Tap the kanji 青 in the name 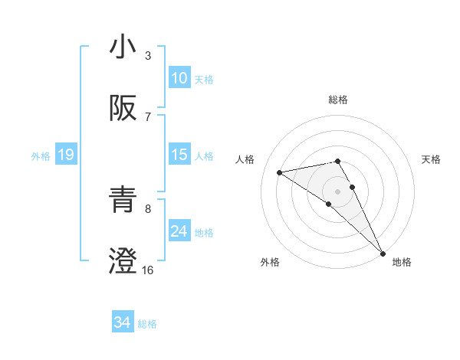point(123,199)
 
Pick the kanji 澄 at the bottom point(123,260)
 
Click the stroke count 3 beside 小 point(148,55)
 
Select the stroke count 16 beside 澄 point(148,270)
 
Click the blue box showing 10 point(179,78)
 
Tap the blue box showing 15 point(179,155)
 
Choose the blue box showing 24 point(179,231)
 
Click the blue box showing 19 point(65,155)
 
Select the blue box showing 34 point(123,322)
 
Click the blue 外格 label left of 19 point(41,156)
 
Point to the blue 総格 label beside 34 point(147,324)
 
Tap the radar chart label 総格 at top point(338,100)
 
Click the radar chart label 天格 point(432,159)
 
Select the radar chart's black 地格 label point(402,263)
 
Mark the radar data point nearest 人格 point(279,172)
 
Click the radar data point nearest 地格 point(382,254)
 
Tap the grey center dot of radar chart point(338,191)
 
